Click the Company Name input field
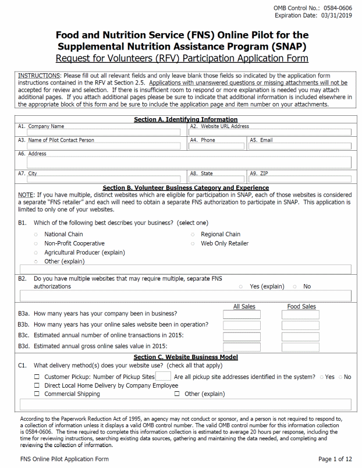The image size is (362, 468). pyautogui.click(x=102, y=132)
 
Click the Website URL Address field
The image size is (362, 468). pyautogui.click(x=271, y=132)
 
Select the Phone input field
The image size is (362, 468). pyautogui.click(x=218, y=146)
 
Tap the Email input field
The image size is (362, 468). pyautogui.click(x=300, y=146)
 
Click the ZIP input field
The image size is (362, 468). pyautogui.click(x=300, y=179)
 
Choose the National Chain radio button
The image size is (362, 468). pyautogui.click(x=36, y=235)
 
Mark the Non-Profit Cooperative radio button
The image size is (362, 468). pyautogui.click(x=36, y=244)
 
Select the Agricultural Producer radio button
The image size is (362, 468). pyautogui.click(x=36, y=253)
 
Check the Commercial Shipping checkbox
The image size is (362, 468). pyautogui.click(x=37, y=394)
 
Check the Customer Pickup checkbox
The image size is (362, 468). pyautogui.click(x=37, y=377)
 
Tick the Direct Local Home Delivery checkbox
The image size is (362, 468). pyautogui.click(x=37, y=385)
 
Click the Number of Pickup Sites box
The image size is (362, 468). pyautogui.click(x=160, y=377)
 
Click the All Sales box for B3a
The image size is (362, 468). pyautogui.click(x=242, y=314)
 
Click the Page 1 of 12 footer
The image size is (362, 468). pyautogui.click(x=335, y=459)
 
